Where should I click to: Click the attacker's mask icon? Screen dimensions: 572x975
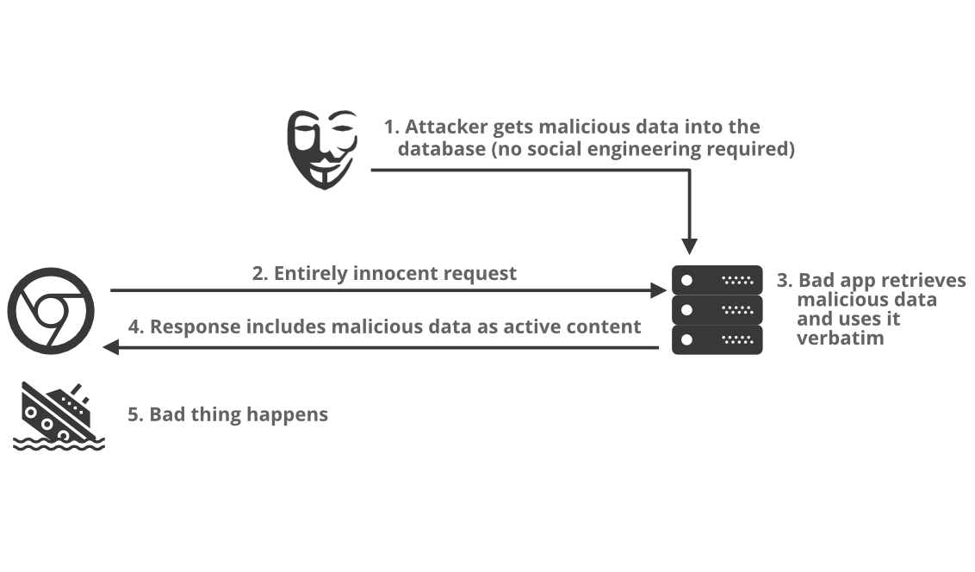(x=321, y=148)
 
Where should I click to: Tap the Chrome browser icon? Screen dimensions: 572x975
(x=51, y=311)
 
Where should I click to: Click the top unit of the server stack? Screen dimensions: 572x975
(x=717, y=280)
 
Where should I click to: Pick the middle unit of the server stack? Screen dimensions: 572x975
(x=717, y=310)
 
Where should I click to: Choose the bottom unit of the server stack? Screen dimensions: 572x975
(x=717, y=339)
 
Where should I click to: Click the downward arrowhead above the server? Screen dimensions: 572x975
(x=689, y=246)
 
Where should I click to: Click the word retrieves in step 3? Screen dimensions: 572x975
(x=925, y=281)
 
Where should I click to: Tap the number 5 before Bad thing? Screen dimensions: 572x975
(x=134, y=414)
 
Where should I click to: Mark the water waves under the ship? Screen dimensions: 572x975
(x=59, y=444)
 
